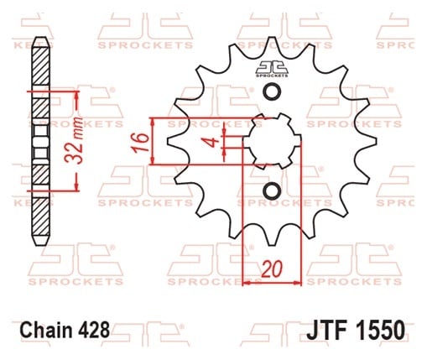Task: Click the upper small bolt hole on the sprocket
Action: (272, 91)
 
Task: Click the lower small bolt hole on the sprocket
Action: (272, 191)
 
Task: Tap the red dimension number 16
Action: (141, 143)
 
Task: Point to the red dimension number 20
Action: (272, 269)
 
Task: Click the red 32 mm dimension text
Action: (74, 140)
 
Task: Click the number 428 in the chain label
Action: (94, 330)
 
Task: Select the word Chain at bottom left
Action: (46, 330)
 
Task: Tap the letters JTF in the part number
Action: (327, 330)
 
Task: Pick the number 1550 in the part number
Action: (381, 330)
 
